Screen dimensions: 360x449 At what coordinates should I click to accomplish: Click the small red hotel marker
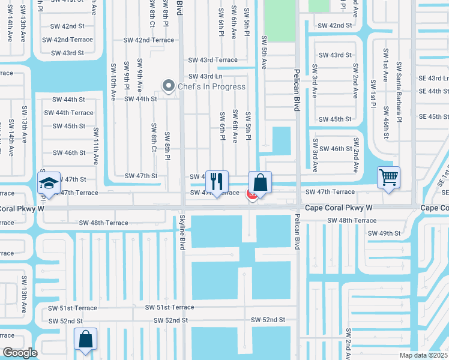(252, 194)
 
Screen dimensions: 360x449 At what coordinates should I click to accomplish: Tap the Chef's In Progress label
(211, 86)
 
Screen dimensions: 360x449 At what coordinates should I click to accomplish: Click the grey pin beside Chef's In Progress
(169, 86)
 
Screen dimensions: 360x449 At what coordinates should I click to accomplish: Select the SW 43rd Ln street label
(206, 76)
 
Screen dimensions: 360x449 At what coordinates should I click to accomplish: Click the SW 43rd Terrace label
(213, 60)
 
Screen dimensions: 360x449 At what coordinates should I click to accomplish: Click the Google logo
(19, 353)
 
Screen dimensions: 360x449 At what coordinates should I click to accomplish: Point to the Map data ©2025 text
(424, 355)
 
